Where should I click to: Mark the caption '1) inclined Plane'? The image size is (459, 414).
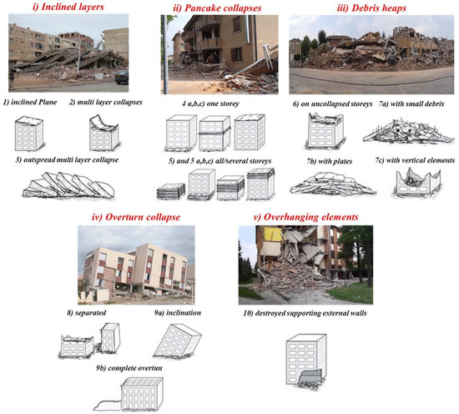tap(38, 102)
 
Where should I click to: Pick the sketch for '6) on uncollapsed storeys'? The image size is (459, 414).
tap(320, 130)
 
